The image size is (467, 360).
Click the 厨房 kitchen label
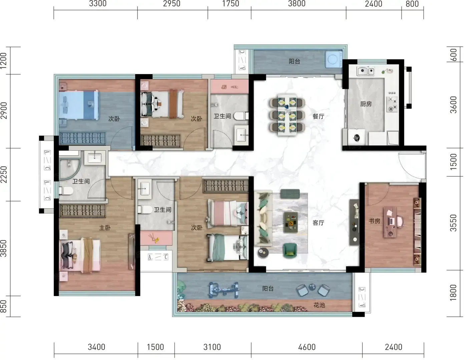pyautogui.click(x=366, y=104)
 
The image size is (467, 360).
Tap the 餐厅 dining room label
pyautogui.click(x=318, y=116)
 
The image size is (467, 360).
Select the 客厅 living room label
pyautogui.click(x=318, y=223)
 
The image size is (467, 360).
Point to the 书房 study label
pyautogui.click(x=375, y=221)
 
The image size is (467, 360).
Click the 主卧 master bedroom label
pyautogui.click(x=105, y=228)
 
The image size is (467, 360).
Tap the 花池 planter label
pyautogui.click(x=319, y=305)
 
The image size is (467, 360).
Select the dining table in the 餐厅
pyautogui.click(x=287, y=115)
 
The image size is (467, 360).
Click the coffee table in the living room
pyautogui.click(x=291, y=222)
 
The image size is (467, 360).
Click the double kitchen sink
pyautogui.click(x=366, y=71)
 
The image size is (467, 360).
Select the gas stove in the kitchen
pyautogui.click(x=392, y=104)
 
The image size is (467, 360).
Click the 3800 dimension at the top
pyautogui.click(x=297, y=4)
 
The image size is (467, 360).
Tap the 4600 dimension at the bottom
pyautogui.click(x=307, y=347)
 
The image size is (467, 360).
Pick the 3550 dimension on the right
pyautogui.click(x=453, y=223)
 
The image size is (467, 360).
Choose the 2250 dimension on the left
pyautogui.click(x=4, y=175)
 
